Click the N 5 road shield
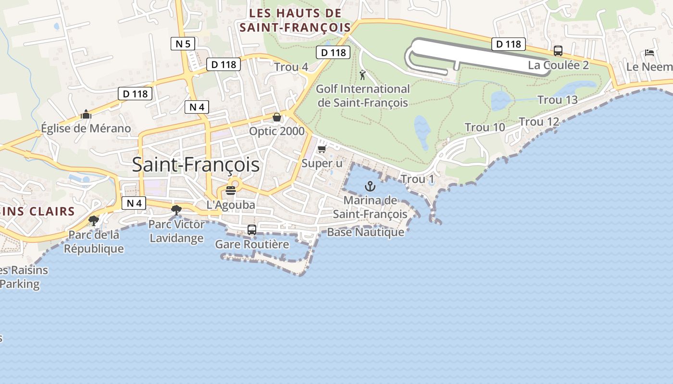pos(183,44)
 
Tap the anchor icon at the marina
pos(370,186)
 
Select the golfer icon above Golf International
pos(362,75)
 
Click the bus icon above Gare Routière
pos(252,230)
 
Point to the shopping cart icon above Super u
pos(322,149)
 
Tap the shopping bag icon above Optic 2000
pos(277,117)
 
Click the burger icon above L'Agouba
pos(231,190)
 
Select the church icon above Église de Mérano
pos(86,114)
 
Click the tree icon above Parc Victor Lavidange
pos(176,210)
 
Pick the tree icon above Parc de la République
pos(94,221)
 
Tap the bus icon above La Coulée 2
pos(558,51)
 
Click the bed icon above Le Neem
pos(650,53)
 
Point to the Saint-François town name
pos(196,165)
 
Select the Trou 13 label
pos(557,100)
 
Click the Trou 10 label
pos(485,127)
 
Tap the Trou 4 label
pos(291,67)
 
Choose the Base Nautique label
pos(365,232)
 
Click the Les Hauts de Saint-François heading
pos(295,20)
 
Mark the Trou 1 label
pos(417,179)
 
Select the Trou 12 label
pos(539,122)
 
